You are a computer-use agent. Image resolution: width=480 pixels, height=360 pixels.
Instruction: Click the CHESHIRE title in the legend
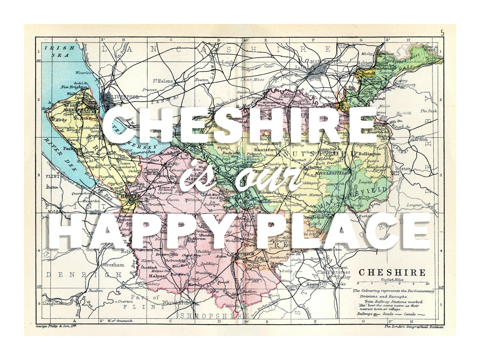(392, 273)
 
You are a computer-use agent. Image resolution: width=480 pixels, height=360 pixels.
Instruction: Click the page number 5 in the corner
(442, 33)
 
